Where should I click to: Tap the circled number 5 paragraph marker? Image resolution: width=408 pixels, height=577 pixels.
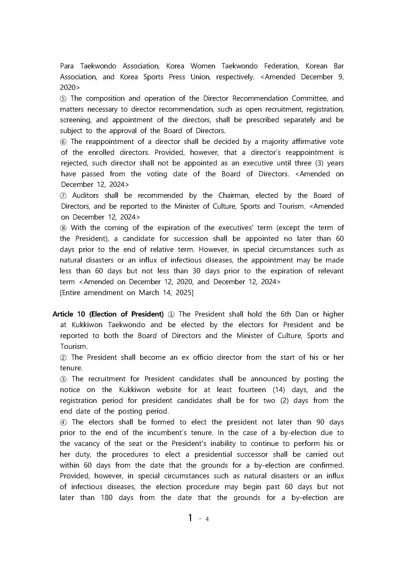coord(63,99)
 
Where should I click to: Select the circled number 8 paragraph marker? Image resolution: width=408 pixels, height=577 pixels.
coord(63,228)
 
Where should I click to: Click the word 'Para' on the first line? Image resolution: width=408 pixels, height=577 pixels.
coord(67,66)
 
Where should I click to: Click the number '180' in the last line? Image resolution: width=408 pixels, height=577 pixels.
coord(107,497)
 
